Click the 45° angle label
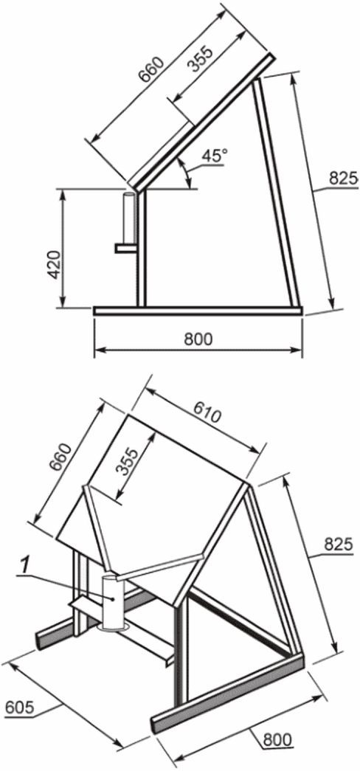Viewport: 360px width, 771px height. coord(215,157)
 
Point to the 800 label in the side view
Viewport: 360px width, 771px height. coord(198,339)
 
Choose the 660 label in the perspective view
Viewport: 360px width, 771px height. coord(63,457)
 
